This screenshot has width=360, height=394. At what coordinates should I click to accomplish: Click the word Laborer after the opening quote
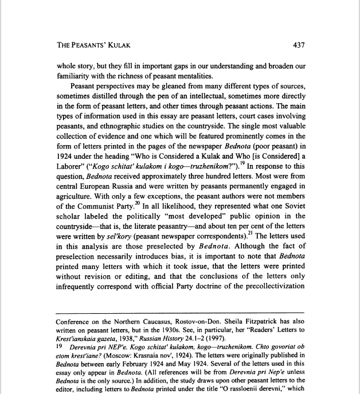(x=73, y=166)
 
